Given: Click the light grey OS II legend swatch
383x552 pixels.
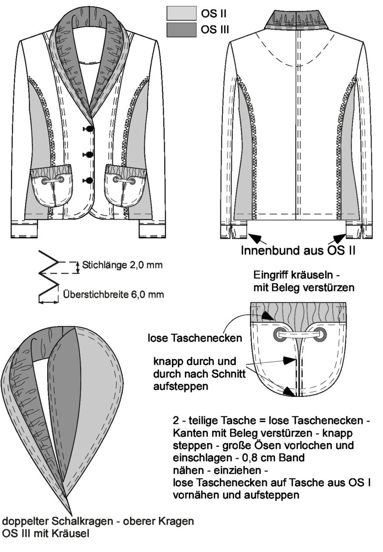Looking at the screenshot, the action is point(181,13).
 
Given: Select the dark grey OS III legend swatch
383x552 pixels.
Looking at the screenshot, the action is point(181,30).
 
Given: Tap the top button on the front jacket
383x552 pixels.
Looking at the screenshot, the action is point(89,128).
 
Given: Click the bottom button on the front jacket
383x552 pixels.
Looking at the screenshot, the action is point(89,180).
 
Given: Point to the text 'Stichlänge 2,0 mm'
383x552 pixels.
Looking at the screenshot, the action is point(122,265).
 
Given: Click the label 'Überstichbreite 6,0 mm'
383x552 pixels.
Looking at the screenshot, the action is point(113,295).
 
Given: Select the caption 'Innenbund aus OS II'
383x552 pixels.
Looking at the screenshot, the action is point(298,251).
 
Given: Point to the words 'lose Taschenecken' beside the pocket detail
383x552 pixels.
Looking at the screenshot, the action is point(195,338).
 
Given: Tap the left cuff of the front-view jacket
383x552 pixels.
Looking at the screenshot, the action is point(24,228).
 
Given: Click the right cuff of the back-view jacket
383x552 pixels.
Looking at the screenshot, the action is point(359,230).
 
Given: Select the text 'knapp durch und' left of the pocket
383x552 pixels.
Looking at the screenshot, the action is point(195,361).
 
